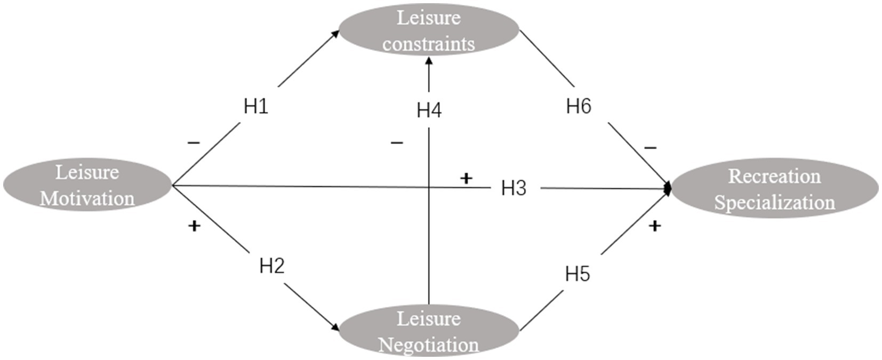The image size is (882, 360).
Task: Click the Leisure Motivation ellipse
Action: pyautogui.click(x=87, y=185)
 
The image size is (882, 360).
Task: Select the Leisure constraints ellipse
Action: pyautogui.click(x=429, y=30)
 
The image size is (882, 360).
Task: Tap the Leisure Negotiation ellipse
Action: pyautogui.click(x=429, y=331)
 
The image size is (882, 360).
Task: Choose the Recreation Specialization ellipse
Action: pyautogui.click(x=774, y=189)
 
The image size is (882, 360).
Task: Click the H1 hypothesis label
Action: pyautogui.click(x=256, y=106)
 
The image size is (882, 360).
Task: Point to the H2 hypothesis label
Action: pyautogui.click(x=272, y=265)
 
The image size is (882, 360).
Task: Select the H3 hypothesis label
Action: pyautogui.click(x=514, y=188)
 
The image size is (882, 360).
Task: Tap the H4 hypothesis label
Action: pyautogui.click(x=429, y=110)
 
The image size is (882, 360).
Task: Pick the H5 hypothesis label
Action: pyautogui.click(x=578, y=274)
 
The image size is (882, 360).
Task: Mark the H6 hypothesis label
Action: pyautogui.click(x=579, y=106)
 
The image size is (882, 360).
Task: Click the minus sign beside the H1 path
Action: pyautogui.click(x=194, y=142)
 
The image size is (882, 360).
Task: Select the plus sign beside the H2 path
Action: pyautogui.click(x=194, y=226)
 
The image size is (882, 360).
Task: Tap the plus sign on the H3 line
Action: pyautogui.click(x=466, y=178)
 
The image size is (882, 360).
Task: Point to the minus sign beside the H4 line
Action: pyautogui.click(x=397, y=142)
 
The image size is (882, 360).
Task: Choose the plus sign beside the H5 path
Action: pyautogui.click(x=655, y=226)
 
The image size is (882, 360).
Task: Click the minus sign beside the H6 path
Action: pyautogui.click(x=650, y=147)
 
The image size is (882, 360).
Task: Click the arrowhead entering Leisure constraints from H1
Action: pyautogui.click(x=335, y=33)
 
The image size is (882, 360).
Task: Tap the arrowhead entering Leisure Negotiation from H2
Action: pyautogui.click(x=335, y=327)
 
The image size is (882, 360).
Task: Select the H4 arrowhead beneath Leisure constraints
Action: pyautogui.click(x=429, y=60)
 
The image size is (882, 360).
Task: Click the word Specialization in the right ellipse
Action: pyautogui.click(x=774, y=202)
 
